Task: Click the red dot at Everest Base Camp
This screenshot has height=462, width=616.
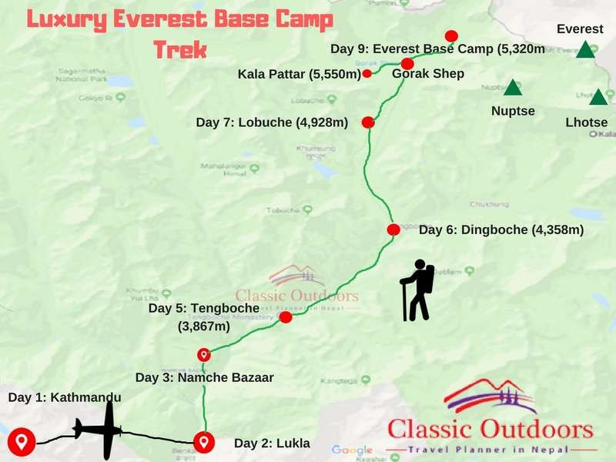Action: (451, 36)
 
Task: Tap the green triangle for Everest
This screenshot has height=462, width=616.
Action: (586, 50)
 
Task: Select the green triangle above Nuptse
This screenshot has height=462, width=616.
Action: (513, 88)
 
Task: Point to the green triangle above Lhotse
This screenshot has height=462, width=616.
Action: (598, 98)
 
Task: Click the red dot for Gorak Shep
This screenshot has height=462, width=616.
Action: (407, 64)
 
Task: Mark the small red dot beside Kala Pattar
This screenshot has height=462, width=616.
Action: (367, 74)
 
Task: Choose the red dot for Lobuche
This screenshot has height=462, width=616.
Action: (368, 122)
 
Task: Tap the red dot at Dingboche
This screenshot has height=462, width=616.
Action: (393, 229)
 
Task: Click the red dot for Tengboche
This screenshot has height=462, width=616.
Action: (286, 317)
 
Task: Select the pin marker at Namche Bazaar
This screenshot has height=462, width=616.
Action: (204, 354)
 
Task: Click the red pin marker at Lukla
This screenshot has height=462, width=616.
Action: (204, 442)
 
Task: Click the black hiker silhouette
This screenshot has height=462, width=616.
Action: (418, 290)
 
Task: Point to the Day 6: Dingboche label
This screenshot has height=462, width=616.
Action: (500, 229)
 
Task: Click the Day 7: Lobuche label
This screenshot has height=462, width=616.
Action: (273, 122)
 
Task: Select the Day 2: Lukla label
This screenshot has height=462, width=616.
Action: (272, 443)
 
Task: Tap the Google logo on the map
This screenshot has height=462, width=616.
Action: (352, 450)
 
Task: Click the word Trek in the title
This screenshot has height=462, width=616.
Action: (180, 50)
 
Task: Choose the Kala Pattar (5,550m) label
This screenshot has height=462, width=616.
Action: (299, 74)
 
